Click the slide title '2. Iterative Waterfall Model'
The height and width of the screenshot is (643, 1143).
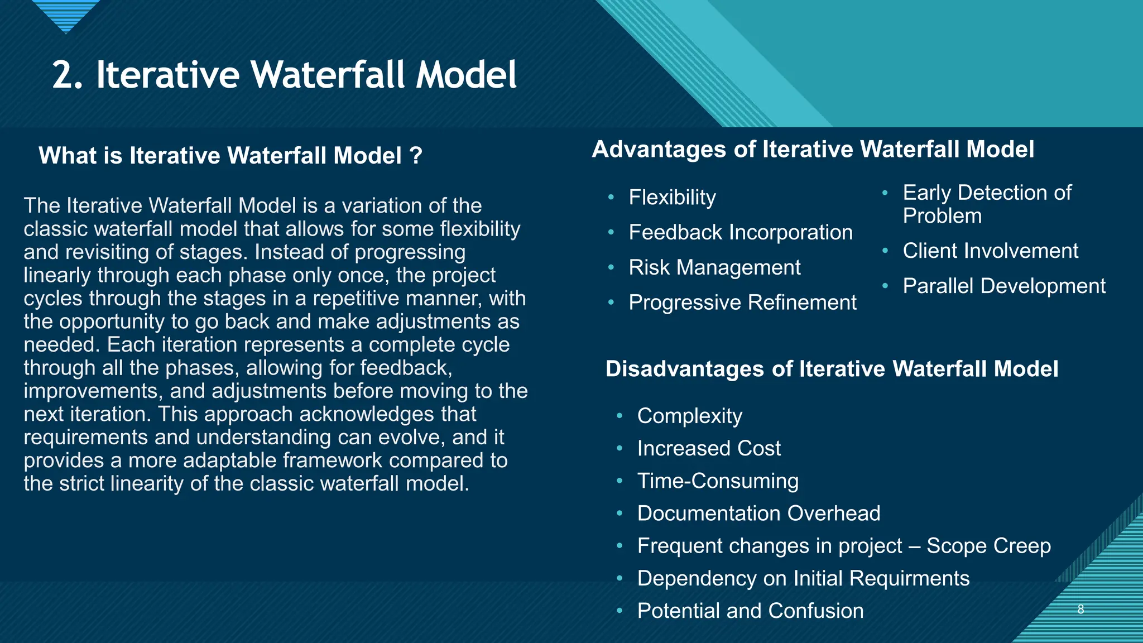(x=285, y=75)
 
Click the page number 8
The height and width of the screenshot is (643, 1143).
(x=1080, y=610)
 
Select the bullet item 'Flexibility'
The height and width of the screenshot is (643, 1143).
(x=672, y=198)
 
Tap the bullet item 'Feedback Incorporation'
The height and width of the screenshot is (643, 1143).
(x=740, y=233)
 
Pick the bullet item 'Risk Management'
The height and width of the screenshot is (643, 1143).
(x=714, y=268)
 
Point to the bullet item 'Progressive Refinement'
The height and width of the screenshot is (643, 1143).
(x=742, y=303)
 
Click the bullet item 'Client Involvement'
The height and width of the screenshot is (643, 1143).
(x=990, y=251)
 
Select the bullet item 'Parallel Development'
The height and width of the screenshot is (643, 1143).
(x=1003, y=286)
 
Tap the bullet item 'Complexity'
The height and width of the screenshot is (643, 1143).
(x=690, y=416)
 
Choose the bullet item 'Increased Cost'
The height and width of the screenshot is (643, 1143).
(x=709, y=449)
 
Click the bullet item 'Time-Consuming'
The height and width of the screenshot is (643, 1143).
(x=718, y=481)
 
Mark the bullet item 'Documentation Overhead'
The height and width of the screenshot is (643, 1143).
(x=758, y=514)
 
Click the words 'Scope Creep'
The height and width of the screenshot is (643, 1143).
(x=988, y=546)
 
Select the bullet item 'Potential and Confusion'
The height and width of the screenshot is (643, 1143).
(x=750, y=611)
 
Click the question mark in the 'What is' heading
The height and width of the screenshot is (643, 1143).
(x=415, y=155)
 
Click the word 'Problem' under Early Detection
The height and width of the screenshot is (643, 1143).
(x=942, y=216)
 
